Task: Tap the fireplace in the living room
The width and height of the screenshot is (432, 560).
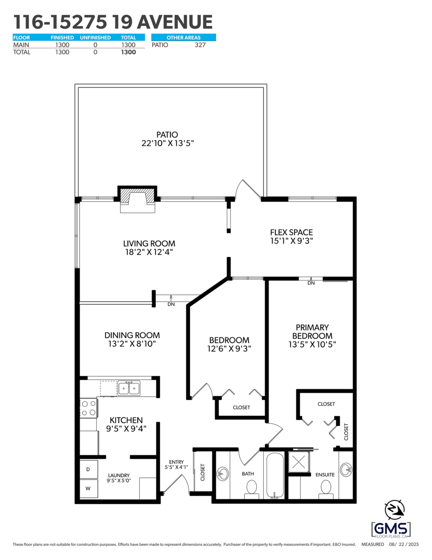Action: [137, 199]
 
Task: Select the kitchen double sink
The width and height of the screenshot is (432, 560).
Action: [129, 388]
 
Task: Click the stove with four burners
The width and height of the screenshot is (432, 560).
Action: [89, 408]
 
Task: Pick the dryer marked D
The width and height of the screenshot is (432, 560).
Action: [89, 469]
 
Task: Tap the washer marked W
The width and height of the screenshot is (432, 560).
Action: [89, 488]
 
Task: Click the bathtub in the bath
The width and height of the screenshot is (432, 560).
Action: [275, 476]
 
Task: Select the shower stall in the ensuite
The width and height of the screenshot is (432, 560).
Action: [299, 462]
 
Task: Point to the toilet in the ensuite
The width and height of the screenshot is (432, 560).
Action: [326, 490]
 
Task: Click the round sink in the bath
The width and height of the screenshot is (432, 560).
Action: [223, 473]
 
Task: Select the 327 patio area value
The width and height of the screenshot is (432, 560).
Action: [200, 45]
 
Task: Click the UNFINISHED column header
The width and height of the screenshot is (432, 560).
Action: [95, 38]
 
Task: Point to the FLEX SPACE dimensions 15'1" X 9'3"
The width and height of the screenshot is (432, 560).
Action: [292, 241]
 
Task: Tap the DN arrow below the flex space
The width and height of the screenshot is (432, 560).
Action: [311, 281]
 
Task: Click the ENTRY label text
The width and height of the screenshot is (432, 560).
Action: [176, 462]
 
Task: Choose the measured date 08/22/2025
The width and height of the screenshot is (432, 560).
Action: [404, 545]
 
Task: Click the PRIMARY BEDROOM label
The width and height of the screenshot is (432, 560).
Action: [312, 332]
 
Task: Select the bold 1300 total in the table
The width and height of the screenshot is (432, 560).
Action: [129, 52]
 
